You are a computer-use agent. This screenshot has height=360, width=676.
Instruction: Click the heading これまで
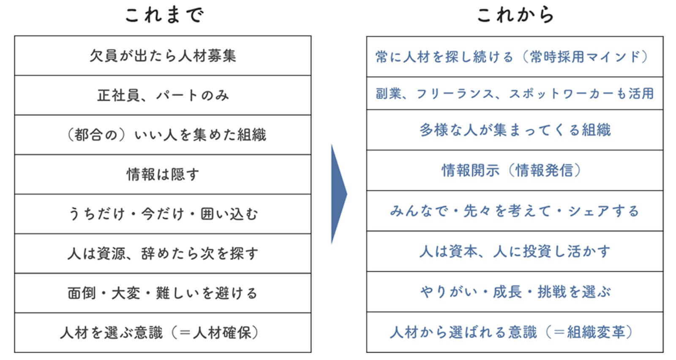(x=164, y=15)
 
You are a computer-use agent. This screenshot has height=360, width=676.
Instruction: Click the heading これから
(x=515, y=15)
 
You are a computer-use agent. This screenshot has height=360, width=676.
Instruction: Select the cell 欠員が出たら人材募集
(x=163, y=56)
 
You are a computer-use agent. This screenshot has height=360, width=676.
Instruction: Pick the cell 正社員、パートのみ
(x=163, y=95)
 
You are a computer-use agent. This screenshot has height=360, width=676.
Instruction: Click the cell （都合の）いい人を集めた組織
(x=163, y=135)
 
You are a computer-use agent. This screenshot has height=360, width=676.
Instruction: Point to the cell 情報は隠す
(x=163, y=175)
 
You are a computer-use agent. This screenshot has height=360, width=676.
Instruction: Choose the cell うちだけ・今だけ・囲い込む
(x=163, y=214)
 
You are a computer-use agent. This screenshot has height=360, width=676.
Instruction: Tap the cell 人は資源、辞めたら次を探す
(x=163, y=254)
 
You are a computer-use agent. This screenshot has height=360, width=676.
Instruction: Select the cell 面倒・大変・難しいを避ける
(x=163, y=293)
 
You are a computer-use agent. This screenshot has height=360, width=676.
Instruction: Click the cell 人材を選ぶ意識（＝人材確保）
(x=163, y=333)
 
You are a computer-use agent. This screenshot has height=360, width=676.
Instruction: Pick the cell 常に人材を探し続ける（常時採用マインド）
(x=515, y=57)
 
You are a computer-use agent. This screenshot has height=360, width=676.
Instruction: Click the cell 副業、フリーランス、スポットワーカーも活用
(x=515, y=93)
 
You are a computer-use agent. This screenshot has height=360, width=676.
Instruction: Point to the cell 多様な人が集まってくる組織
(x=515, y=130)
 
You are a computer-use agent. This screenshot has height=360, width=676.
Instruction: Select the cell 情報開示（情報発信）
(x=515, y=170)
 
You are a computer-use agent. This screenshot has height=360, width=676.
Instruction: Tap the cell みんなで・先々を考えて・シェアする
(x=515, y=210)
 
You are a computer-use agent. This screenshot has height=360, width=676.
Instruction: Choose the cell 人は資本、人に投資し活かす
(x=515, y=251)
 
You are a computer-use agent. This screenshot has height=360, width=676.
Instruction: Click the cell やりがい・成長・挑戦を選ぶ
(x=515, y=292)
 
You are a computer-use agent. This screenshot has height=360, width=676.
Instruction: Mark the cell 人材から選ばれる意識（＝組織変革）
(x=515, y=332)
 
